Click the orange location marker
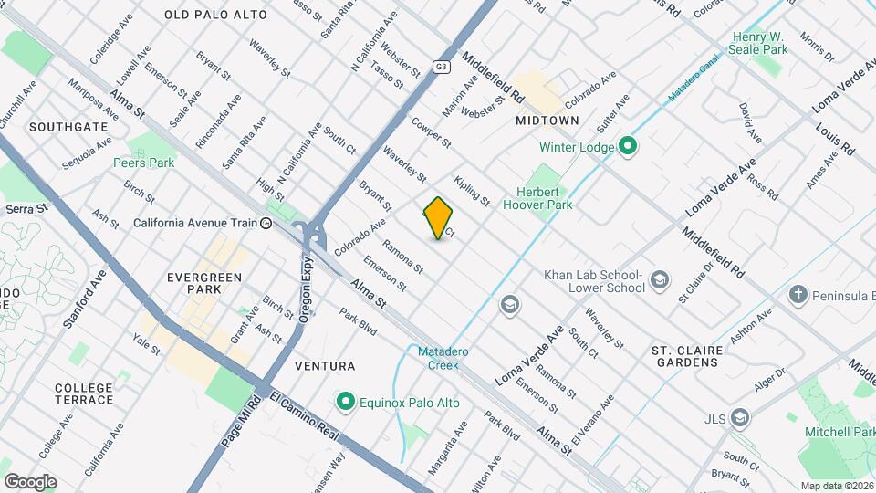click(x=439, y=218)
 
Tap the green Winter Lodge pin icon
click(x=628, y=146)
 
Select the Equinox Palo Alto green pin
click(x=345, y=402)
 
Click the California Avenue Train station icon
click(x=266, y=222)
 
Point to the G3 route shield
click(x=442, y=67)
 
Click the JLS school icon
click(x=740, y=419)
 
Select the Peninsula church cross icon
click(x=798, y=295)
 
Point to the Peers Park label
click(x=143, y=163)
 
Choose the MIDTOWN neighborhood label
click(x=547, y=121)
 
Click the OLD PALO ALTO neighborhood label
click(x=215, y=15)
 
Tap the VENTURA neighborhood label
click(x=325, y=366)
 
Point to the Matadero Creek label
click(x=438, y=358)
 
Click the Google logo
click(x=30, y=481)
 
